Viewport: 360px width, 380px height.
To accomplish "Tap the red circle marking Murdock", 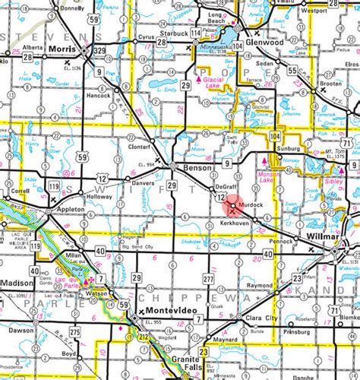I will pyautogui.click(x=232, y=203).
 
